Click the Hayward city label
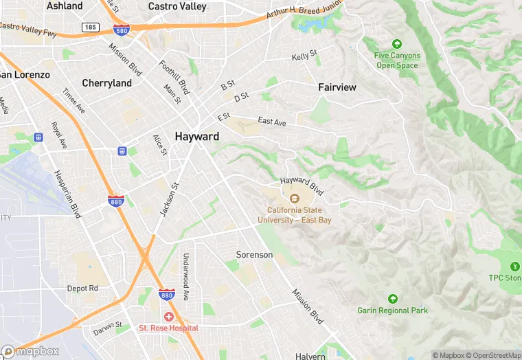(197, 136)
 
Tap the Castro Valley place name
(177, 6)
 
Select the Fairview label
(337, 87)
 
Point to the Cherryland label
(106, 83)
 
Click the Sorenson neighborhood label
(254, 255)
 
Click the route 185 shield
(90, 27)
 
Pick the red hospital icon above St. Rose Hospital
(168, 316)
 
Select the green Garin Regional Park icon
(393, 299)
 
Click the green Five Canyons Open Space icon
(396, 44)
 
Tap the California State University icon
(294, 199)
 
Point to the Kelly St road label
(304, 55)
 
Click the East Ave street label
(272, 122)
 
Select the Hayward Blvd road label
(302, 183)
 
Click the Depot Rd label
(82, 289)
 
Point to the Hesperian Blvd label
(68, 194)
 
